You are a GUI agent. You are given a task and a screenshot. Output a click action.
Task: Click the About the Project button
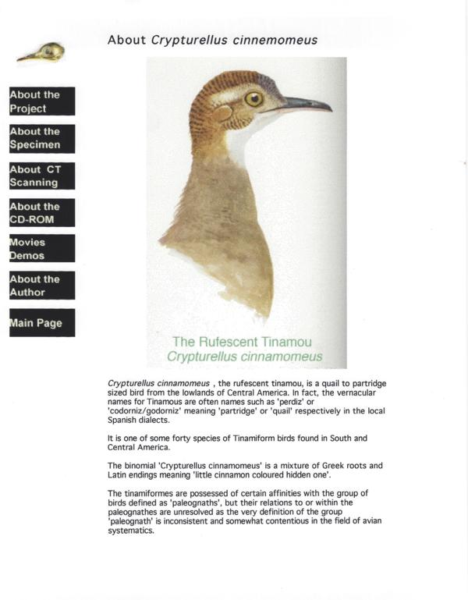coord(42,101)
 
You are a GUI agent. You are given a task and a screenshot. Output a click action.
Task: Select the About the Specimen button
coord(42,138)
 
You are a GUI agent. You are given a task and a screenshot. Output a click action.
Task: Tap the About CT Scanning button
coord(42,176)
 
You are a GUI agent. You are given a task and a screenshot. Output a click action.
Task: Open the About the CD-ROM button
coord(42,212)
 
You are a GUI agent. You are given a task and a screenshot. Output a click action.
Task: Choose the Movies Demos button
coord(42,249)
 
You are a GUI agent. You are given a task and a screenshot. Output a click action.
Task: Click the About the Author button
coord(42,286)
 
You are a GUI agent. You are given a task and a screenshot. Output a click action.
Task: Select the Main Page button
coord(42,323)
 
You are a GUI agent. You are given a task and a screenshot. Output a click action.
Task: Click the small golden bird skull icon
coord(41,54)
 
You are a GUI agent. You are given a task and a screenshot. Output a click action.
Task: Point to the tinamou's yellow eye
coord(253,98)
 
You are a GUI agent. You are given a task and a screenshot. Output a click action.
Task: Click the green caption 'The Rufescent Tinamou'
coord(242,342)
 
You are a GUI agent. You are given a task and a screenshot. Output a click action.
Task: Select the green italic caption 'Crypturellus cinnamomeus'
coord(244,357)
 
